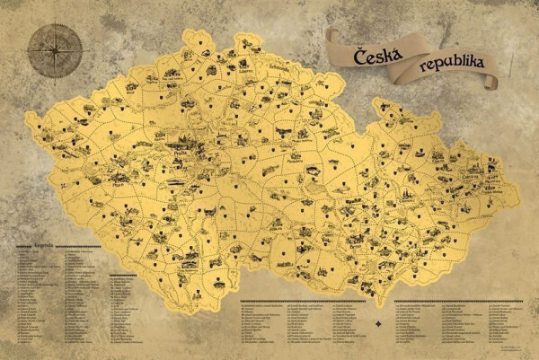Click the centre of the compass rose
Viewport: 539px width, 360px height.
coord(55,50)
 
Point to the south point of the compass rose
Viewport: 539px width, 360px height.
coord(55,78)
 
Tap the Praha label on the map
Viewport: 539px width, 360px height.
coord(181,153)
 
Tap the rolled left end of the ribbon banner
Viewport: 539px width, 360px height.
coord(334,38)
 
